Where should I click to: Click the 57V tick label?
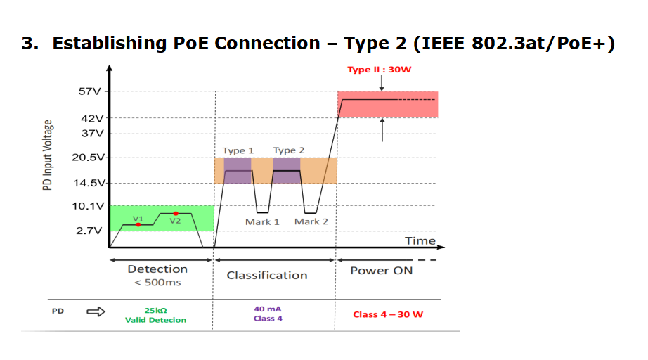[90, 91]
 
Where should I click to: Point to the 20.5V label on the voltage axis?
[89, 157]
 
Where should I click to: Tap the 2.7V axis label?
[89, 231]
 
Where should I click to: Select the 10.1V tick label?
[89, 206]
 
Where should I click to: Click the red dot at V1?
[138, 224]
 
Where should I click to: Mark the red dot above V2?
[176, 213]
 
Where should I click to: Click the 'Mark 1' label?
[262, 222]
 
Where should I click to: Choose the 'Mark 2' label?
[311, 221]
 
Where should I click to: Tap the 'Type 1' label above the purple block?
[238, 151]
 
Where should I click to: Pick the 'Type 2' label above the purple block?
[289, 150]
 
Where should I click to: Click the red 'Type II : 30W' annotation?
[380, 70]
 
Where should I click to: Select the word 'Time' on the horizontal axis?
[420, 240]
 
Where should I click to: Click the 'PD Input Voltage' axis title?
[48, 155]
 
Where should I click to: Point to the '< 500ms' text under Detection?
[157, 282]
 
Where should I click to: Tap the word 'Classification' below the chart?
[267, 275]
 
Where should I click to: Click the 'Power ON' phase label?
[382, 271]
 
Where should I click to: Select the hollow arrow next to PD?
[96, 311]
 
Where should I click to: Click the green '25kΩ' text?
[156, 310]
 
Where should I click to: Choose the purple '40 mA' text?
[268, 309]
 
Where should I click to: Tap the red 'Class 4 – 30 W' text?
[388, 314]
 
